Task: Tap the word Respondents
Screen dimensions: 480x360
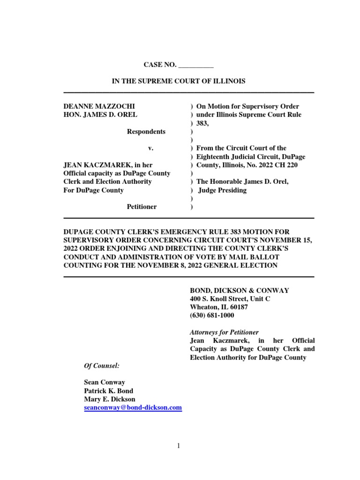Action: pyautogui.click(x=146, y=132)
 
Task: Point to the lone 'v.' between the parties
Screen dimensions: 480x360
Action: pyautogui.click(x=151, y=148)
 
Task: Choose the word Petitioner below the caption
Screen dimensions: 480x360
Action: pyautogui.click(x=142, y=207)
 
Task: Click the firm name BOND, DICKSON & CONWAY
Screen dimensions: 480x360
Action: pyautogui.click(x=239, y=291)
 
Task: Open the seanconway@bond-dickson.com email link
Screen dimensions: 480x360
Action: pyautogui.click(x=133, y=408)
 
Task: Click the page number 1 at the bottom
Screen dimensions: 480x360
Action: pyautogui.click(x=179, y=446)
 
